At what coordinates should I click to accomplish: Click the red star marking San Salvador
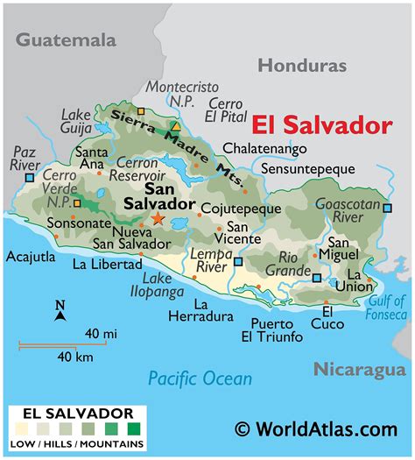pos(158,219)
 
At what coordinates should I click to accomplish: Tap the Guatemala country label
pos(66,39)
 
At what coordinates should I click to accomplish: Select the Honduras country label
pos(302,66)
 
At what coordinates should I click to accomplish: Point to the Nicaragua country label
pos(360,369)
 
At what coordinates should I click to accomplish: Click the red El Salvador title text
pos(323,124)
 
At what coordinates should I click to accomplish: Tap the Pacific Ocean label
pos(200,378)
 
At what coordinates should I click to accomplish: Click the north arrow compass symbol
pos(60,313)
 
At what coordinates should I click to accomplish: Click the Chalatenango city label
pos(265,148)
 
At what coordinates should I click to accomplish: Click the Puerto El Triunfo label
pos(271,329)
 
